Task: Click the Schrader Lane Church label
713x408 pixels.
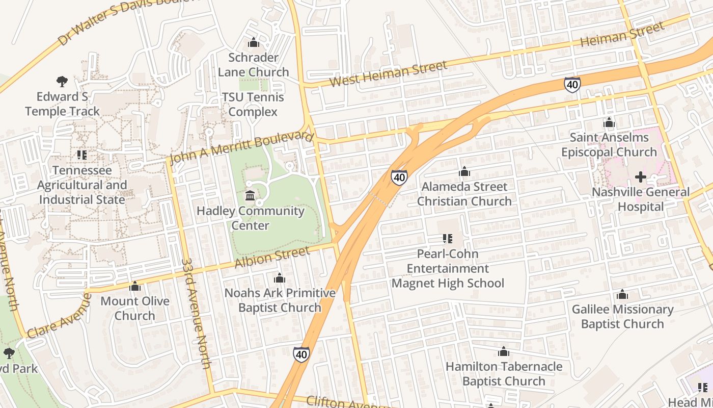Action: [x=253, y=65]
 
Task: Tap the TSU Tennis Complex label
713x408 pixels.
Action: [x=253, y=105]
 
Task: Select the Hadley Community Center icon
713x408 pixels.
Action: [x=250, y=195]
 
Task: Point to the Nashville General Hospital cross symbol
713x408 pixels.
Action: [x=640, y=177]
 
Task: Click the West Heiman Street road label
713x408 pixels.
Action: [x=389, y=74]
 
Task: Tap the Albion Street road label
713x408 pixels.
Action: [x=272, y=258]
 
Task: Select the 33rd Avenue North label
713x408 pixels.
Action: [x=196, y=313]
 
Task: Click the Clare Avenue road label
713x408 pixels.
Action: [x=59, y=316]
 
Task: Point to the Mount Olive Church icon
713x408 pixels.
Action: [x=135, y=286]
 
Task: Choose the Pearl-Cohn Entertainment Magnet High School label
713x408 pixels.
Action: [x=448, y=268]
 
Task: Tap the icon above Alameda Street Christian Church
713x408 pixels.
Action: [x=464, y=172]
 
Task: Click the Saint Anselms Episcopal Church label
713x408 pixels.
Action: [x=609, y=145]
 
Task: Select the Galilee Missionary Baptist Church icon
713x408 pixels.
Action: [x=622, y=294]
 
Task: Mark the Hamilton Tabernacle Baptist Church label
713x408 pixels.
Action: [x=504, y=374]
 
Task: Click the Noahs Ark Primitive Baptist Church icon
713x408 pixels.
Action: [x=279, y=278]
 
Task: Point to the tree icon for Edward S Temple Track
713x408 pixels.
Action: [x=62, y=81]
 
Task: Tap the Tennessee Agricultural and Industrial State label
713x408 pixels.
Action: [x=81, y=185]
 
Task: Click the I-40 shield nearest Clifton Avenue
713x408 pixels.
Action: [x=301, y=354]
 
